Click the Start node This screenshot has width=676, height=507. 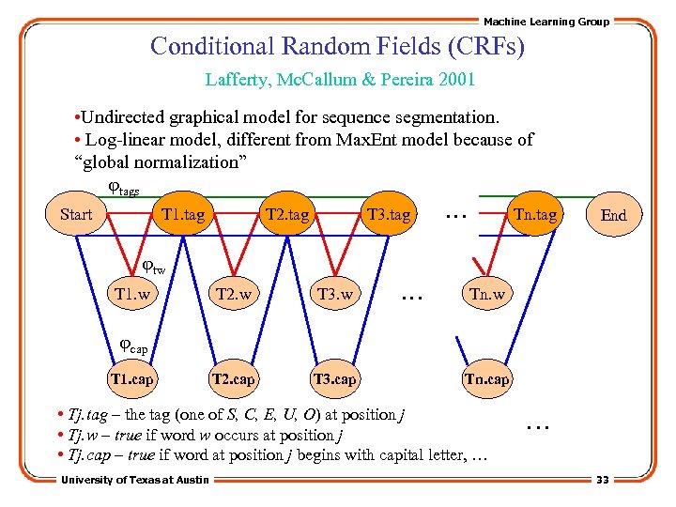(x=76, y=215)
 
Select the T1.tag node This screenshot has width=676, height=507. (x=183, y=215)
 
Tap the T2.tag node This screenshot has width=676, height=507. (x=287, y=215)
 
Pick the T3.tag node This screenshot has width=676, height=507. (x=389, y=215)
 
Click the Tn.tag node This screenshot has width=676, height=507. (x=534, y=215)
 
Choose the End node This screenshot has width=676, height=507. (x=613, y=215)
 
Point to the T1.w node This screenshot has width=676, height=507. (x=132, y=295)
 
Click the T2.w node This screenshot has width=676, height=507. (x=234, y=295)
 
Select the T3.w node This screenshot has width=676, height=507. (x=335, y=295)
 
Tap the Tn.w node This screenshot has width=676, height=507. (x=487, y=295)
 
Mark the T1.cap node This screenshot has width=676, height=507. (x=131, y=379)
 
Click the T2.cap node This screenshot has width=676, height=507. (x=234, y=379)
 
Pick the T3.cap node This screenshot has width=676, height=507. (x=335, y=379)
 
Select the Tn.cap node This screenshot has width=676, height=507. (x=487, y=379)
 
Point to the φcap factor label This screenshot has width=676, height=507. (x=133, y=348)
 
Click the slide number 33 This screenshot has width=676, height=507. (x=602, y=481)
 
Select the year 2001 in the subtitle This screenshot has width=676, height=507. (x=455, y=80)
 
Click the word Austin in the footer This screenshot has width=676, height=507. (x=191, y=481)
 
